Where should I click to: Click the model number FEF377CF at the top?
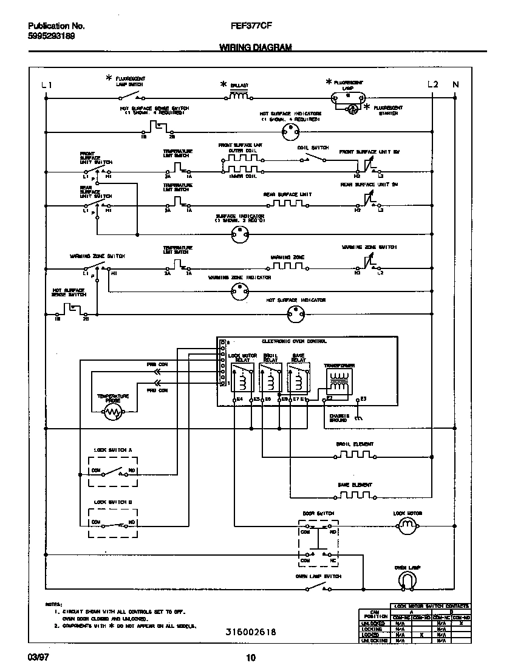tap(250, 27)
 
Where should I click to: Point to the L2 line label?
tap(432, 84)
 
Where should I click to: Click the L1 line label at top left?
tap(47, 85)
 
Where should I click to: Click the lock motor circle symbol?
tap(408, 526)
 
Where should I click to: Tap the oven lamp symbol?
tap(408, 581)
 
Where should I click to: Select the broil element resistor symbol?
tap(355, 454)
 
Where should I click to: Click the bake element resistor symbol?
tap(355, 495)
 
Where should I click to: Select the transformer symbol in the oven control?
tap(339, 381)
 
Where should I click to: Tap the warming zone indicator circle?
tap(239, 293)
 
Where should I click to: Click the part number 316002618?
tap(251, 632)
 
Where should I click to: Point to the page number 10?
tap(251, 657)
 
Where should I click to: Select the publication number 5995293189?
tap(52, 36)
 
